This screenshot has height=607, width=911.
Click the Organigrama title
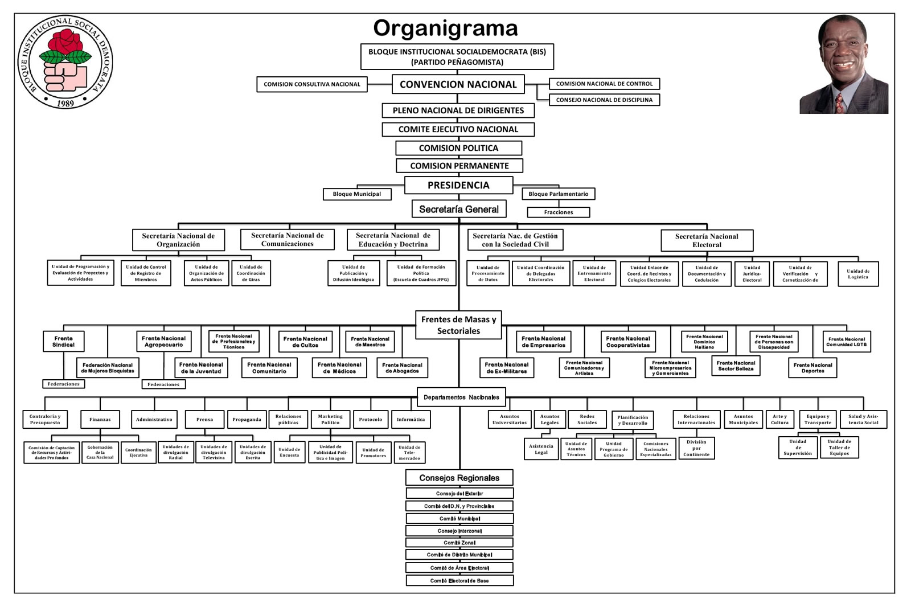click(x=445, y=28)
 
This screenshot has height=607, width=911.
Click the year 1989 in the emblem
click(x=65, y=103)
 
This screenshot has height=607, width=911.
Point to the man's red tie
click(x=839, y=102)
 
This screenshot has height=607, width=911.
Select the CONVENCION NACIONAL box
click(x=458, y=84)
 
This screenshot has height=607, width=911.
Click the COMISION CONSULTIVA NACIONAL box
click(x=311, y=84)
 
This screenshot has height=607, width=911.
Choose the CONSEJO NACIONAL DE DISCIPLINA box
click(x=604, y=100)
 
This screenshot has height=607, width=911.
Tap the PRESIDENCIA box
click(x=458, y=185)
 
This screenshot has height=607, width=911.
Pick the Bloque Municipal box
click(x=357, y=194)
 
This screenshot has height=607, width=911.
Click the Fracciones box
click(x=558, y=212)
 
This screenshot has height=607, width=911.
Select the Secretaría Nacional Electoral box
click(x=707, y=240)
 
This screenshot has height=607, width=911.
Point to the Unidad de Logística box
click(x=857, y=274)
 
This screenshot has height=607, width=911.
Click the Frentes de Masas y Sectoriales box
click(x=458, y=325)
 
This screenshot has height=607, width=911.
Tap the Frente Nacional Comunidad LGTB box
click(x=846, y=342)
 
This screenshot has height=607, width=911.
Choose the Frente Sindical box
click(x=64, y=342)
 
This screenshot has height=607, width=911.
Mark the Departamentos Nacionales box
click(x=461, y=397)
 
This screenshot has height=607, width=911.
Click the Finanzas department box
click(x=100, y=420)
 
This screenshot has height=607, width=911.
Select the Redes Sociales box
click(x=587, y=420)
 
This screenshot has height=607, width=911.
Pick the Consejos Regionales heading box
click(x=459, y=478)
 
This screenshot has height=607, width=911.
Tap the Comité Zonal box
click(x=459, y=543)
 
